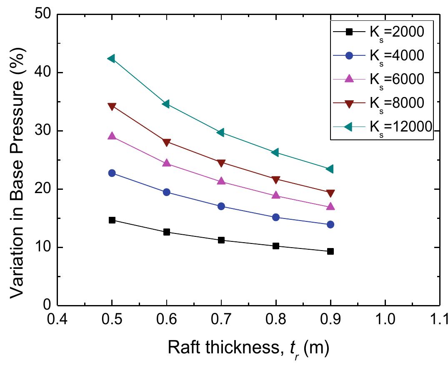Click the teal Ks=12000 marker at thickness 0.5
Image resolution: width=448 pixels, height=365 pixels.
pyautogui.click(x=111, y=59)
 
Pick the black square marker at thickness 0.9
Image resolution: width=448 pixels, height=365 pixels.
pyautogui.click(x=330, y=251)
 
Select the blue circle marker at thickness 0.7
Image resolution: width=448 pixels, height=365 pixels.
pyautogui.click(x=221, y=206)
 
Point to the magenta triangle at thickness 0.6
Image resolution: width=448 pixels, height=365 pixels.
pyautogui.click(x=167, y=163)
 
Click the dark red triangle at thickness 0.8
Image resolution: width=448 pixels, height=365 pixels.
pyautogui.click(x=276, y=180)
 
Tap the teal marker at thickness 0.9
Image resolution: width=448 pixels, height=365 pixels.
pyautogui.click(x=330, y=169)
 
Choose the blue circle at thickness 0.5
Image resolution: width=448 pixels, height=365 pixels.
pyautogui.click(x=112, y=173)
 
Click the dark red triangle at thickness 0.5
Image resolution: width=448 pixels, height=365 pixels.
pyautogui.click(x=112, y=107)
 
